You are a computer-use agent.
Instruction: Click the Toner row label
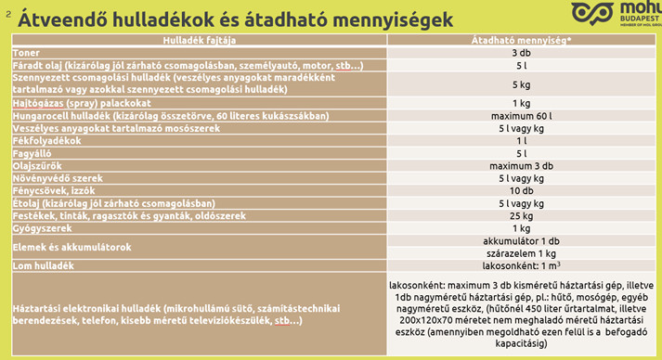pos(27,53)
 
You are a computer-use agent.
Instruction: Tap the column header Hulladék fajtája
pos(199,40)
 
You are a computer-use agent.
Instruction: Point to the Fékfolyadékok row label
pos(47,140)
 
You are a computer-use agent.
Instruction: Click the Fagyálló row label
pos(35,152)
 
